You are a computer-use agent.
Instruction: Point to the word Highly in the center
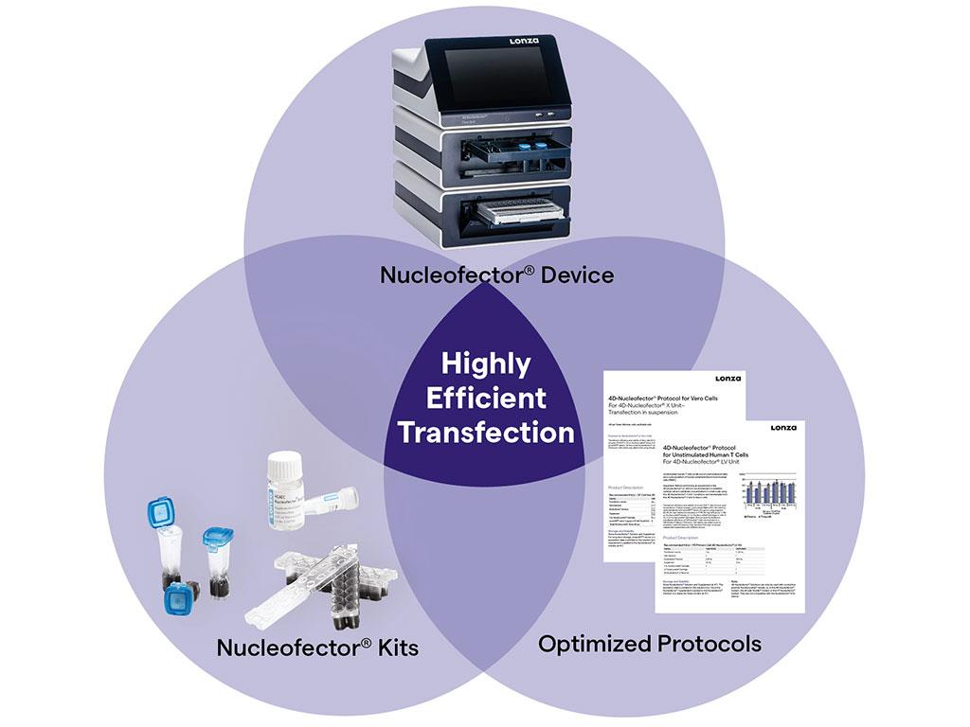click(x=486, y=363)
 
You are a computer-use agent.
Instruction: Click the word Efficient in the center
click(x=486, y=398)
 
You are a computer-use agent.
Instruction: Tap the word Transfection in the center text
click(x=486, y=432)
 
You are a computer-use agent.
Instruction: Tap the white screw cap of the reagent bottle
click(x=284, y=463)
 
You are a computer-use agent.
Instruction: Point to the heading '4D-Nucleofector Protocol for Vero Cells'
click(x=664, y=398)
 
